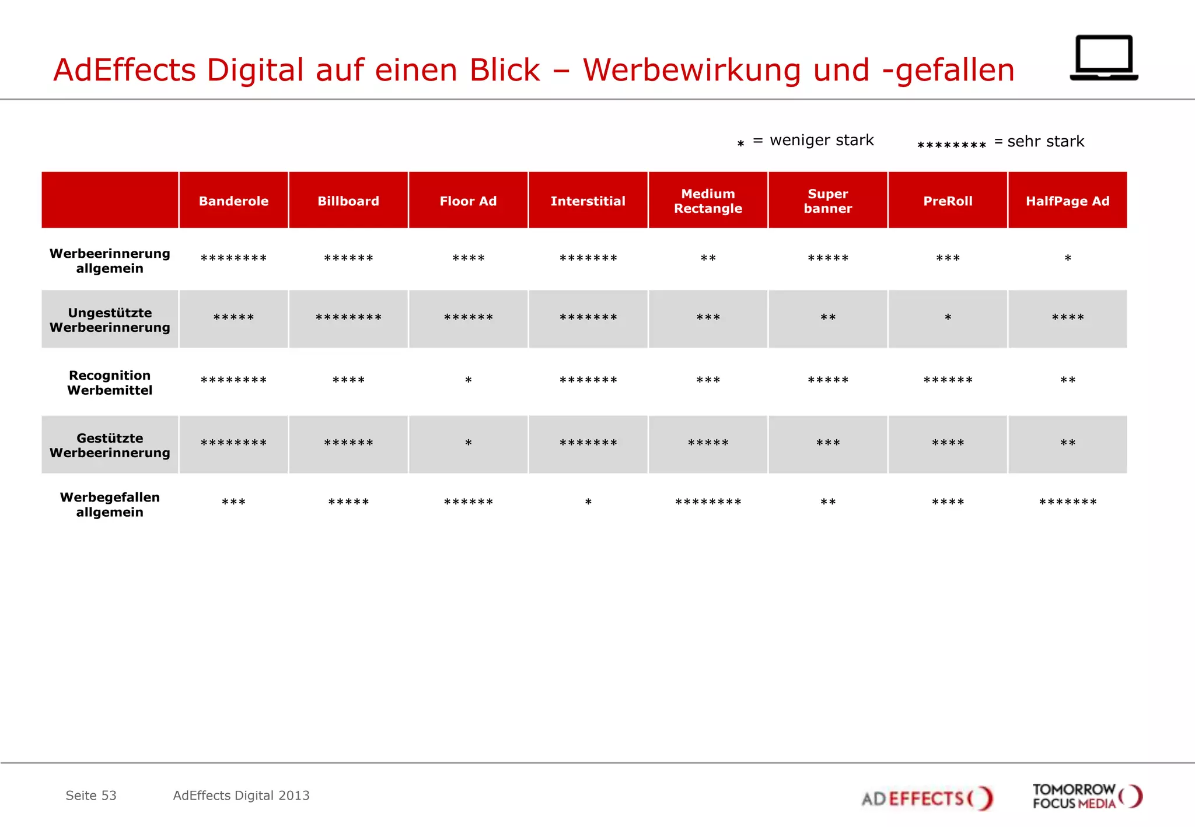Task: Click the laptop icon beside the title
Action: [1103, 58]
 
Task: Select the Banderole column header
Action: [233, 201]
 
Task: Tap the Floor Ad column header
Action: [468, 201]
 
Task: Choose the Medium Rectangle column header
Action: [708, 201]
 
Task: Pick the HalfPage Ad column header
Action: [1067, 201]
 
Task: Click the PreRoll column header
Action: [948, 201]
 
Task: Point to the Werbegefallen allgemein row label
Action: [110, 504]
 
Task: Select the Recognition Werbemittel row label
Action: [110, 383]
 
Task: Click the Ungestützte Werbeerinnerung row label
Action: [110, 320]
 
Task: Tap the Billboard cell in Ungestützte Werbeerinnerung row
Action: [348, 318]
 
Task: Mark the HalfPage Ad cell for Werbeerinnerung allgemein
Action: [1067, 258]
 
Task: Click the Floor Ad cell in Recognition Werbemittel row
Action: [468, 381]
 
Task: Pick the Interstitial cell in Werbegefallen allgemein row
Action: [588, 503]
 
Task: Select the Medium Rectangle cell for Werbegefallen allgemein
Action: [708, 503]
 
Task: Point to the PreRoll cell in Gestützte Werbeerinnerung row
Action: [948, 444]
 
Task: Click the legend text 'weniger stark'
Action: [822, 141]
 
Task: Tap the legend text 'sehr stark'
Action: [1046, 142]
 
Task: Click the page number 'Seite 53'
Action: [91, 796]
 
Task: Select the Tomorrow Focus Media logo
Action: [1086, 796]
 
